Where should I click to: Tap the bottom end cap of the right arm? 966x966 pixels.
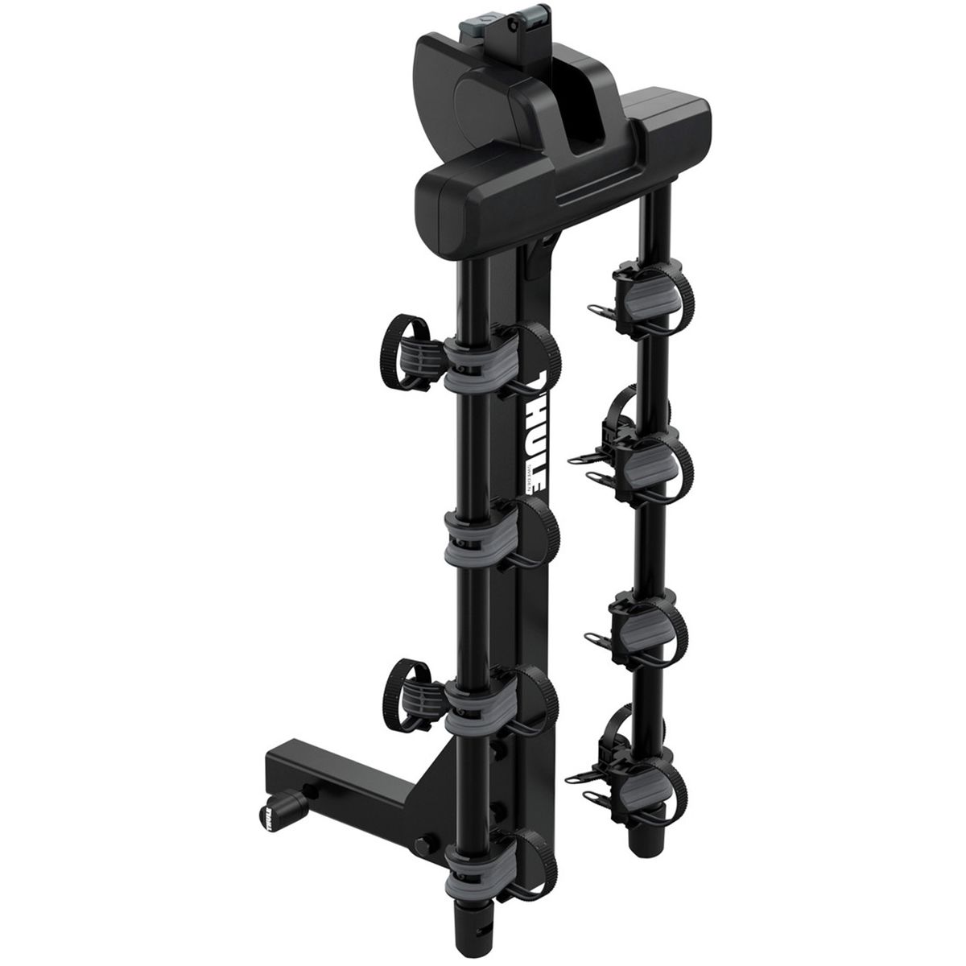pyautogui.click(x=644, y=849)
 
